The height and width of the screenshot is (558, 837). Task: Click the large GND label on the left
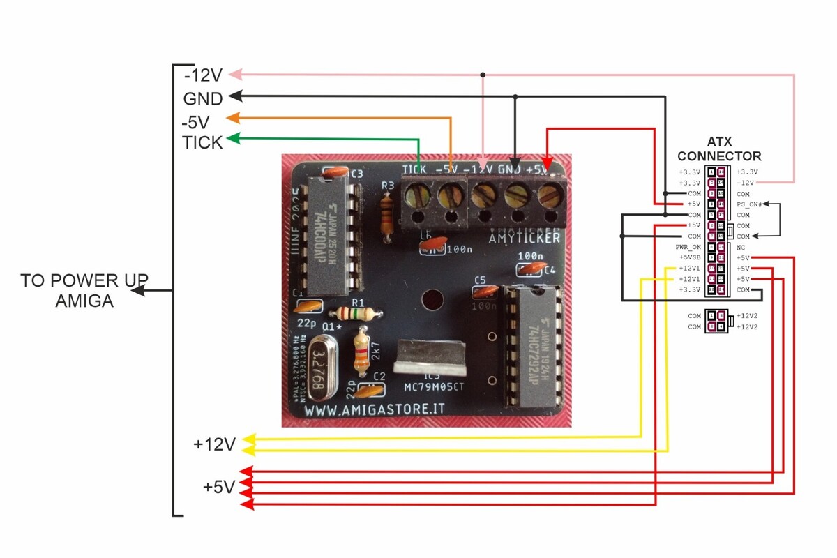tap(203, 98)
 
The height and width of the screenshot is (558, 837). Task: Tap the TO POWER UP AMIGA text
tap(84, 291)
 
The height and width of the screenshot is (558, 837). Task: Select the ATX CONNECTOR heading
tap(719, 150)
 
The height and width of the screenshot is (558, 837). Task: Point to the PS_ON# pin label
tap(749, 204)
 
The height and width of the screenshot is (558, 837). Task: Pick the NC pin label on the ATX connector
tap(741, 247)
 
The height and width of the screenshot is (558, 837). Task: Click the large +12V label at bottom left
tap(215, 444)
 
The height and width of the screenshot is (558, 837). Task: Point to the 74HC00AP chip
tap(334, 234)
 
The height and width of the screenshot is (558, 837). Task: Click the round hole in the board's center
tap(432, 301)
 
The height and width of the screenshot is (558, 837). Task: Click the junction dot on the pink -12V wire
tap(483, 75)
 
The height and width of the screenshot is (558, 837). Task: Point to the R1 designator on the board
tap(359, 302)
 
